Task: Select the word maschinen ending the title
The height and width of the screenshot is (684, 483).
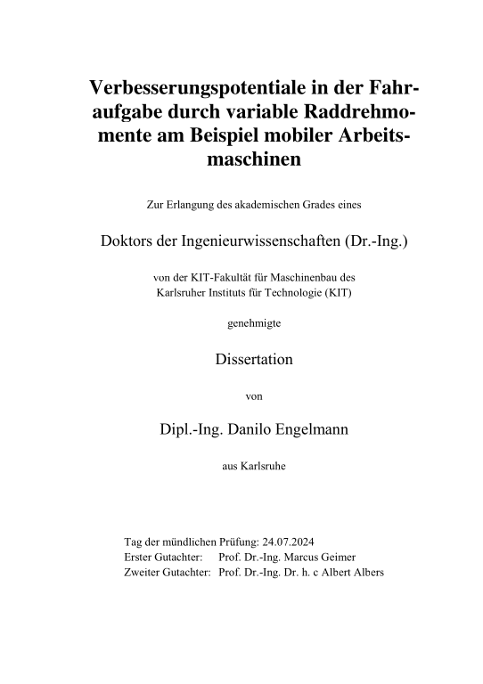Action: click(254, 160)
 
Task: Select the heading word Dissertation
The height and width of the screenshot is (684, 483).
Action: click(254, 361)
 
